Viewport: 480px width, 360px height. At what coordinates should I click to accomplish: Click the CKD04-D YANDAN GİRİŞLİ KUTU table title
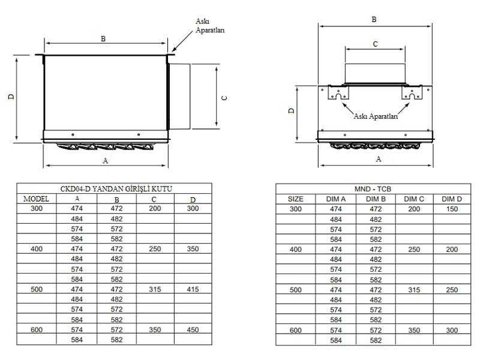pyautogui.click(x=116, y=189)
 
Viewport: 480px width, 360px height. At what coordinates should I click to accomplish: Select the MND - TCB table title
pyautogui.click(x=373, y=189)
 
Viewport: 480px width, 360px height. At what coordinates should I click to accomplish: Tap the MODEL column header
pyautogui.click(x=36, y=199)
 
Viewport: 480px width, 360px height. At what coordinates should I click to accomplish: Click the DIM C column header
pyautogui.click(x=414, y=199)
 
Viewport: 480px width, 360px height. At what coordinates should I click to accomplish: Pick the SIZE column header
pyautogui.click(x=295, y=199)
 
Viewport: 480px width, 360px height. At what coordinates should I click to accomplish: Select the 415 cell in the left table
pyautogui.click(x=193, y=289)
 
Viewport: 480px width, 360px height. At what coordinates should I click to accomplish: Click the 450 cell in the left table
pyautogui.click(x=193, y=329)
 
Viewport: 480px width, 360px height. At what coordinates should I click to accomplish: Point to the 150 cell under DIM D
pyautogui.click(x=452, y=209)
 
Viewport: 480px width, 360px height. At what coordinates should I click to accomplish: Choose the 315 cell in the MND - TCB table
pyautogui.click(x=414, y=290)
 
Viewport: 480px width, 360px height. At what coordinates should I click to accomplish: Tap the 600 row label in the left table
pyautogui.click(x=37, y=329)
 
